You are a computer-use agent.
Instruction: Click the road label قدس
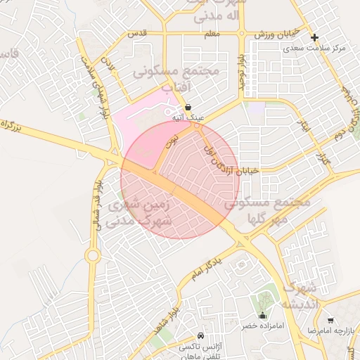pos(136,33)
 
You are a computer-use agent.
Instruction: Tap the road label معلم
pos(213,33)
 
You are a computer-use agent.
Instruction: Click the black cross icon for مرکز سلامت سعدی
pos(314,37)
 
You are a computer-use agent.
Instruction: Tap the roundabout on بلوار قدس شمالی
pos(93,256)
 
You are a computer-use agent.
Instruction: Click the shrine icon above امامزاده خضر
pos(262,315)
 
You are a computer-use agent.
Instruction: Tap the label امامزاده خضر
pos(262,326)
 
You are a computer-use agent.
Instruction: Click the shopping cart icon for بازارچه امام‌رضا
pos(330,321)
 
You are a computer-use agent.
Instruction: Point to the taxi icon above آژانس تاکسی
pos(201,335)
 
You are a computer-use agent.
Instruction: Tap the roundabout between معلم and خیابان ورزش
pos(241,33)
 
